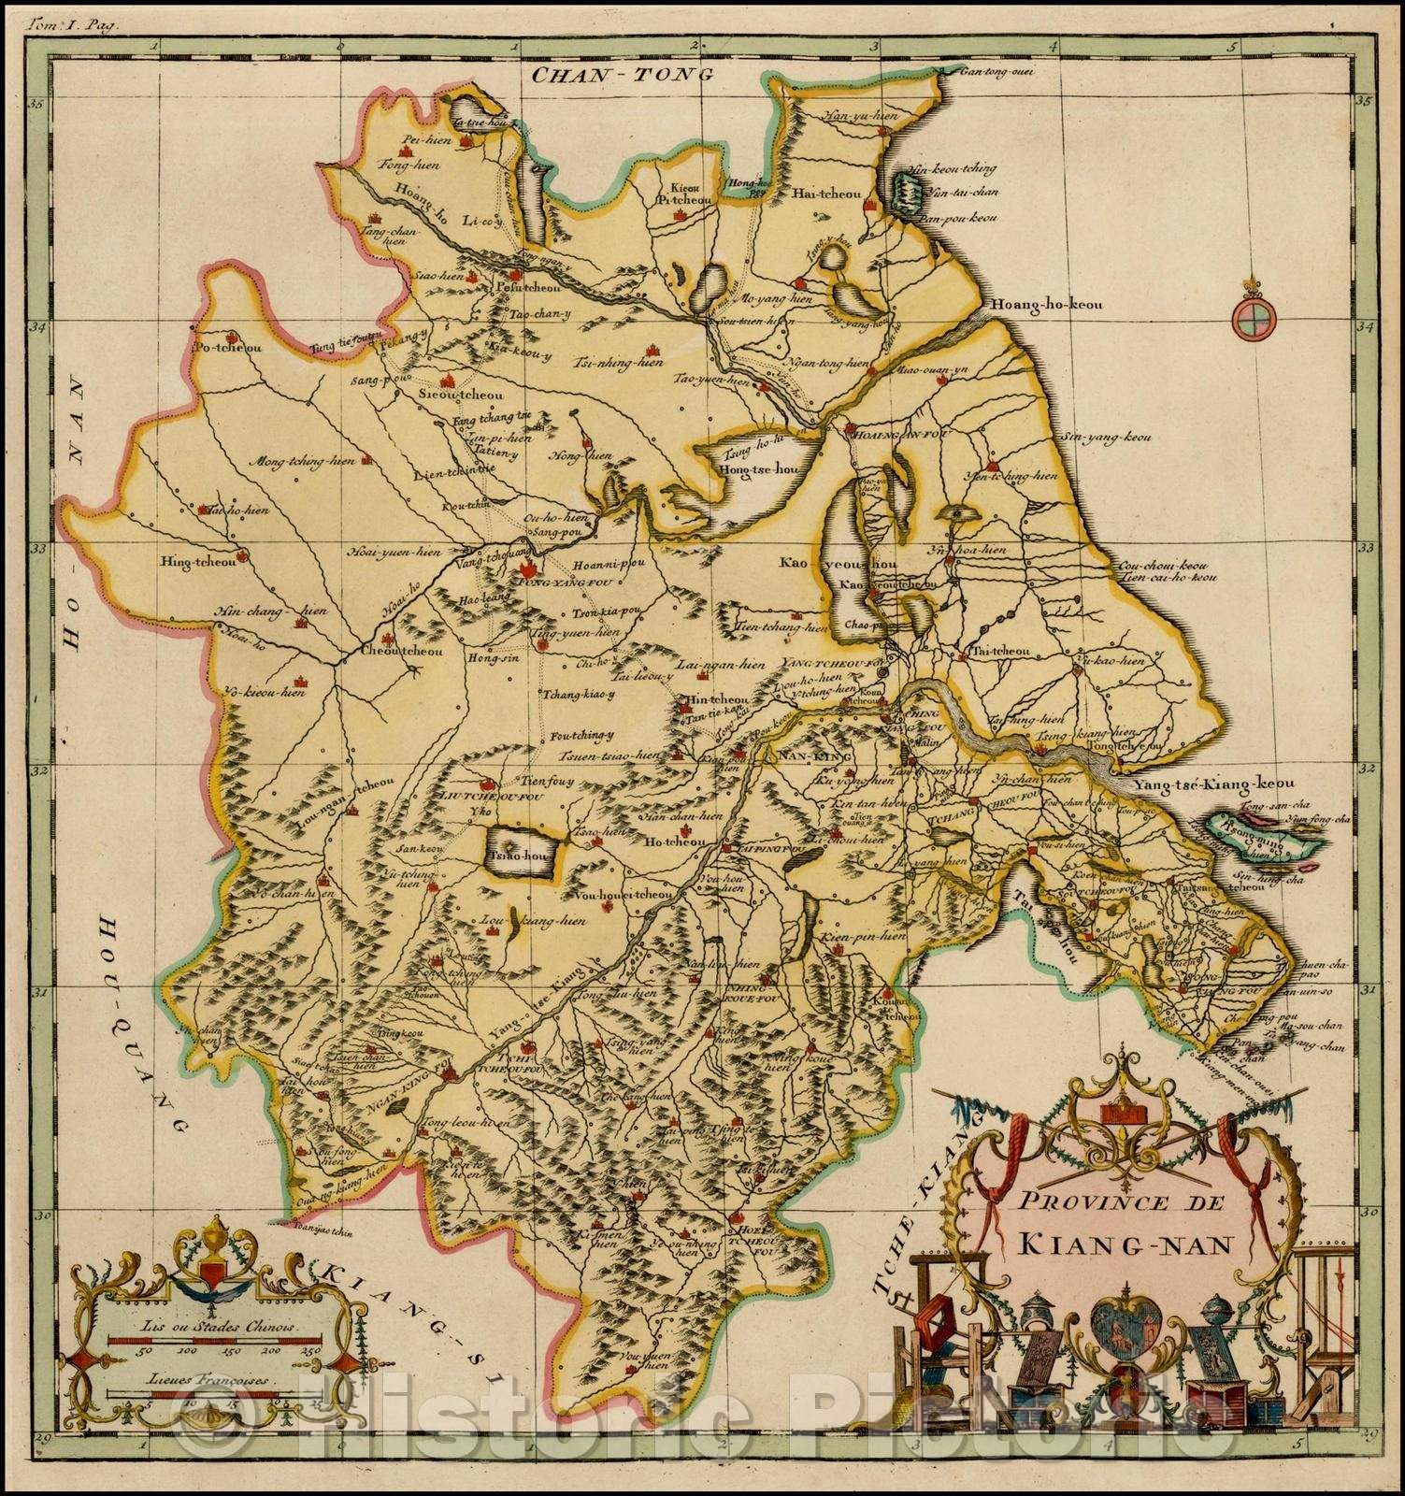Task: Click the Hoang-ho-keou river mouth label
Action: tap(1042, 305)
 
